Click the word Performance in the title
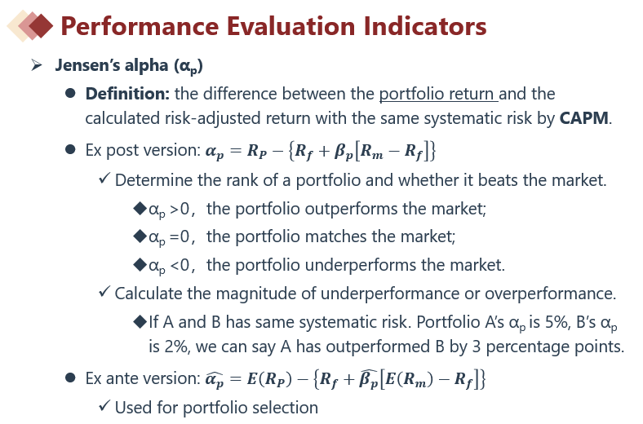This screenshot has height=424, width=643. pyautogui.click(x=140, y=26)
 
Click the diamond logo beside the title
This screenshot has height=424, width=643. pyautogui.click(x=30, y=26)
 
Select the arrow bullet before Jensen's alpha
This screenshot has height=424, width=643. pyautogui.click(x=37, y=64)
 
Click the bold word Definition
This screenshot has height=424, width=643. pyautogui.click(x=127, y=94)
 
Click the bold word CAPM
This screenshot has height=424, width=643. pyautogui.click(x=584, y=118)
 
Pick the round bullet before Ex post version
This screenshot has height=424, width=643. pyautogui.click(x=70, y=149)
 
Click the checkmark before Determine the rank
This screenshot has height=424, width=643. pyautogui.click(x=104, y=178)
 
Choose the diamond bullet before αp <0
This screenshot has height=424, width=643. pyautogui.click(x=140, y=265)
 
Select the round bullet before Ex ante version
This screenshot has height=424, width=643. pyautogui.click(x=70, y=378)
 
